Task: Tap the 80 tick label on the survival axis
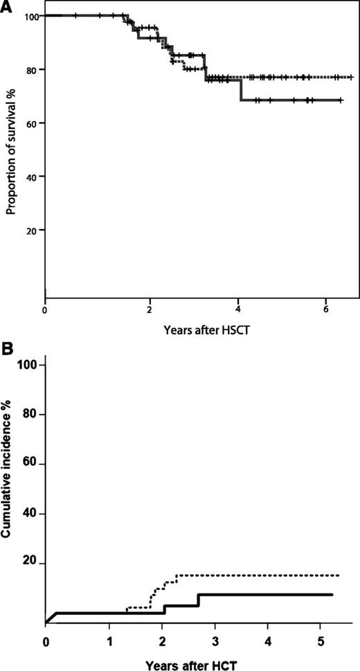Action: (x=33, y=69)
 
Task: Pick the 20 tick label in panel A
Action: (x=33, y=229)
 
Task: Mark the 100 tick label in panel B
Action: (x=29, y=365)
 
